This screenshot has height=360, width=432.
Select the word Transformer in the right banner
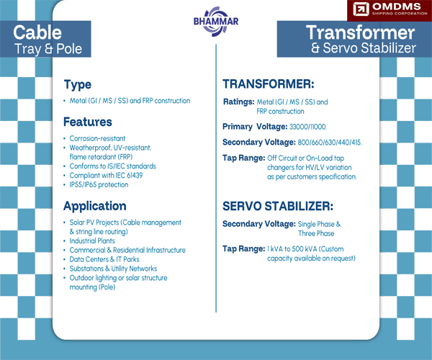click(x=360, y=32)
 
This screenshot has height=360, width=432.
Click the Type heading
click(x=77, y=84)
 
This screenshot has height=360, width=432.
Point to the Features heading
click(x=87, y=122)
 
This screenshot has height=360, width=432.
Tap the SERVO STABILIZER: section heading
click(x=277, y=206)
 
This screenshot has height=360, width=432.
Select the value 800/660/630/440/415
click(x=325, y=142)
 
